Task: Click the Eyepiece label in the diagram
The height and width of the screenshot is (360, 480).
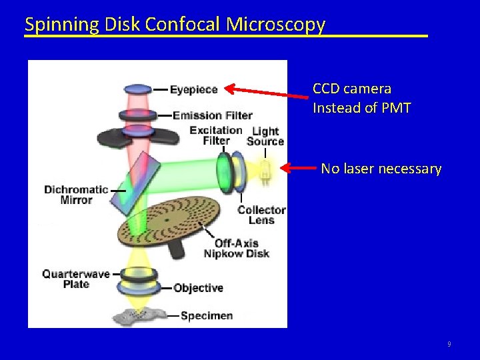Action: (193, 89)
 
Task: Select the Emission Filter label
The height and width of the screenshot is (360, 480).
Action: (212, 115)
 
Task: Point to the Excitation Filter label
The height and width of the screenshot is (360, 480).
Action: (216, 135)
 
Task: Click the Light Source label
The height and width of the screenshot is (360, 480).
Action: (265, 136)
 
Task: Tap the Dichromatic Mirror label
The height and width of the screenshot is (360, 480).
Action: (76, 195)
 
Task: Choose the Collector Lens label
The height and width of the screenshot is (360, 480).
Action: (261, 215)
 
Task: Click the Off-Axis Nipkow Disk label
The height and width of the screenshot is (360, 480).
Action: (237, 248)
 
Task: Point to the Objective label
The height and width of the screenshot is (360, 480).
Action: (198, 288)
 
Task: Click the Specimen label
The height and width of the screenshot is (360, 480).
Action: (207, 316)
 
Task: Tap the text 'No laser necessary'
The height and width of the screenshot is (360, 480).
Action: (381, 169)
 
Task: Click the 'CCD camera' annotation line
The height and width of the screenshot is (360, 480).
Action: (352, 89)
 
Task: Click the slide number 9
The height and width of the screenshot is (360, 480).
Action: (449, 344)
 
